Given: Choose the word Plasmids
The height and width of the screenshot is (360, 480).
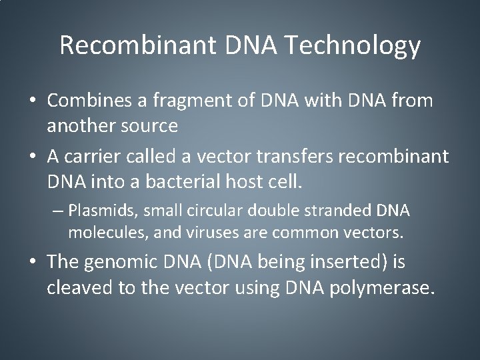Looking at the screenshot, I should point(98,211).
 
